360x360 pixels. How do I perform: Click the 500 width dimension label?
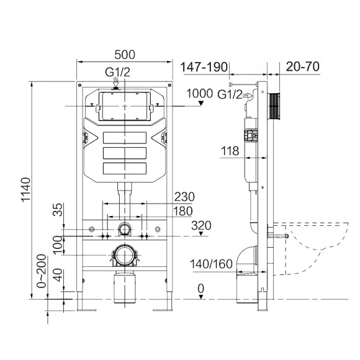[x=124, y=53]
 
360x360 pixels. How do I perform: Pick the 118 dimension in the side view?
[x=230, y=150]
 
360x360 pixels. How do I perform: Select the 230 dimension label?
[x=184, y=197]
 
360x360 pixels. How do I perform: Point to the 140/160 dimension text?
[x=212, y=264]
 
